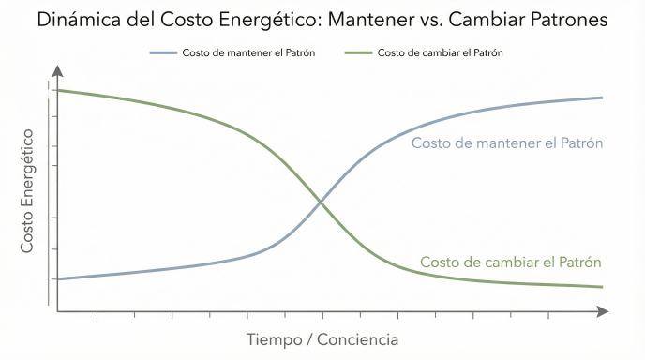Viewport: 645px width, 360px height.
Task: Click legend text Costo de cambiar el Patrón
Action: (441, 52)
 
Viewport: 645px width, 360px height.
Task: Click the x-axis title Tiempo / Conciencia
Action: (322, 338)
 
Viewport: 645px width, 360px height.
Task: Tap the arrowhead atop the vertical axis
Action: (58, 70)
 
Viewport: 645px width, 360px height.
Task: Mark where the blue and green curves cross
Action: (322, 201)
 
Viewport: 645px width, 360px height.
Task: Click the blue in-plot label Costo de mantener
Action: (506, 143)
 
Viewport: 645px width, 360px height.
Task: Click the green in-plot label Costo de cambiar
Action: (510, 262)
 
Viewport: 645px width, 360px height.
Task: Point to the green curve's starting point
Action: (58, 90)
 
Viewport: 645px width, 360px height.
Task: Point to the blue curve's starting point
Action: (58, 279)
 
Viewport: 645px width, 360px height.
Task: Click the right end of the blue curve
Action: (602, 97)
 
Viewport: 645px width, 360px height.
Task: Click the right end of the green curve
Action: (602, 287)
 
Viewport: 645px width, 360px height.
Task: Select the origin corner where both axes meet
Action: (58, 311)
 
